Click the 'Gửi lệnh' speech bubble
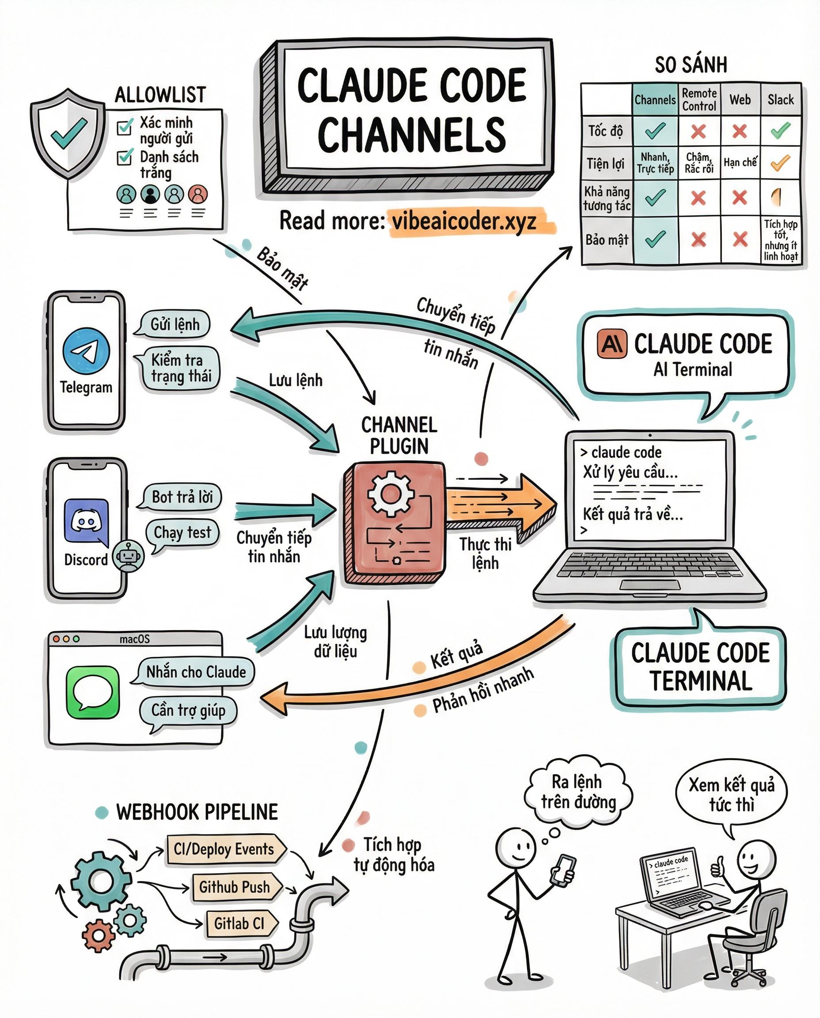coord(175,325)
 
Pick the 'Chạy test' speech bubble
coord(182,532)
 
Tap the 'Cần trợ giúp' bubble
coord(188,710)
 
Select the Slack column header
coord(780,100)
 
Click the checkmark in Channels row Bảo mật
coord(655,239)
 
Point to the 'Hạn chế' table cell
coord(740,163)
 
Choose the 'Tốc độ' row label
coord(605,131)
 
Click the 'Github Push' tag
coord(234,887)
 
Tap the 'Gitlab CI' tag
coord(239,923)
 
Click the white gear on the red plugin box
coord(391,494)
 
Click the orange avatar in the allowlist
coord(198,194)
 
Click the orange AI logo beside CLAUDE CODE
coord(612,343)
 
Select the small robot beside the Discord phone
coord(128,555)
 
